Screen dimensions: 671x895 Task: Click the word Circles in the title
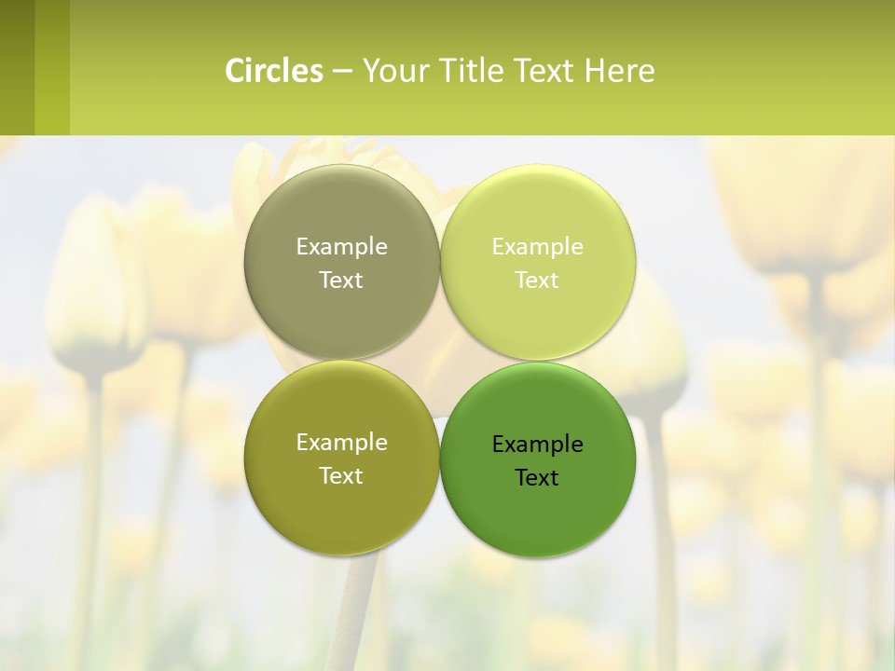(x=274, y=71)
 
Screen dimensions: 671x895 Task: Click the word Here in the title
(x=620, y=71)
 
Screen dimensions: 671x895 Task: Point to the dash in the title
(x=342, y=72)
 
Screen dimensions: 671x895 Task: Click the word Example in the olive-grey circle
(x=341, y=247)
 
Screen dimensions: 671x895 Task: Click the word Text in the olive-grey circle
(x=341, y=281)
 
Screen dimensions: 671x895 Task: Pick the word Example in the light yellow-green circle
(x=537, y=247)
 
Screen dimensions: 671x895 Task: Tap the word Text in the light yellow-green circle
(x=537, y=281)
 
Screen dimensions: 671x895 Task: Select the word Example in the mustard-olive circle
(x=341, y=443)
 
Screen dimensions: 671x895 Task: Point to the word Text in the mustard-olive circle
(x=341, y=476)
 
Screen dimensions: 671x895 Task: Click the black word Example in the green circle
(x=537, y=445)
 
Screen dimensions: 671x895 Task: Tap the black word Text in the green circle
(x=537, y=478)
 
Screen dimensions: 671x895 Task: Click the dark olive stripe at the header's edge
(x=17, y=67)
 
